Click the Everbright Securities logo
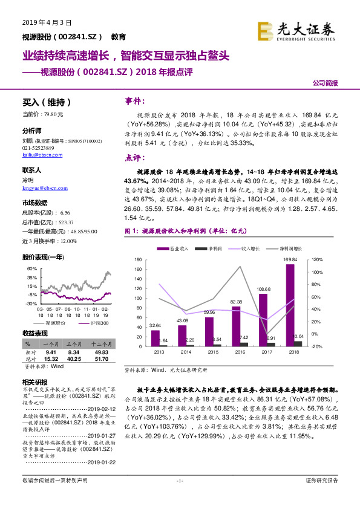point(296,30)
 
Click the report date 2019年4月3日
point(47,22)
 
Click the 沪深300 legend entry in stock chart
point(97,323)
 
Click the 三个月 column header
point(74,343)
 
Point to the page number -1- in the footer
point(179,498)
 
